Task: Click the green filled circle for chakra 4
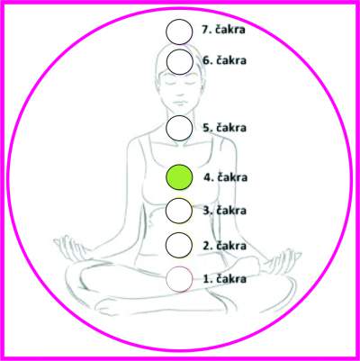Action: [179, 177]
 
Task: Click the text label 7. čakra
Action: [223, 30]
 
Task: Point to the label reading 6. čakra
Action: [225, 60]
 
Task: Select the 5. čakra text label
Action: [225, 128]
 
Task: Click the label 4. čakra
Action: [226, 177]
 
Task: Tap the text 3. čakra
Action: [225, 210]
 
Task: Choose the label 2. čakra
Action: [225, 246]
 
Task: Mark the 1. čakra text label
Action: [225, 279]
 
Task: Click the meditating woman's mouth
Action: [179, 102]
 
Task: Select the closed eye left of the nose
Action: [168, 82]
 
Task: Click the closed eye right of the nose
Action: [190, 82]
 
